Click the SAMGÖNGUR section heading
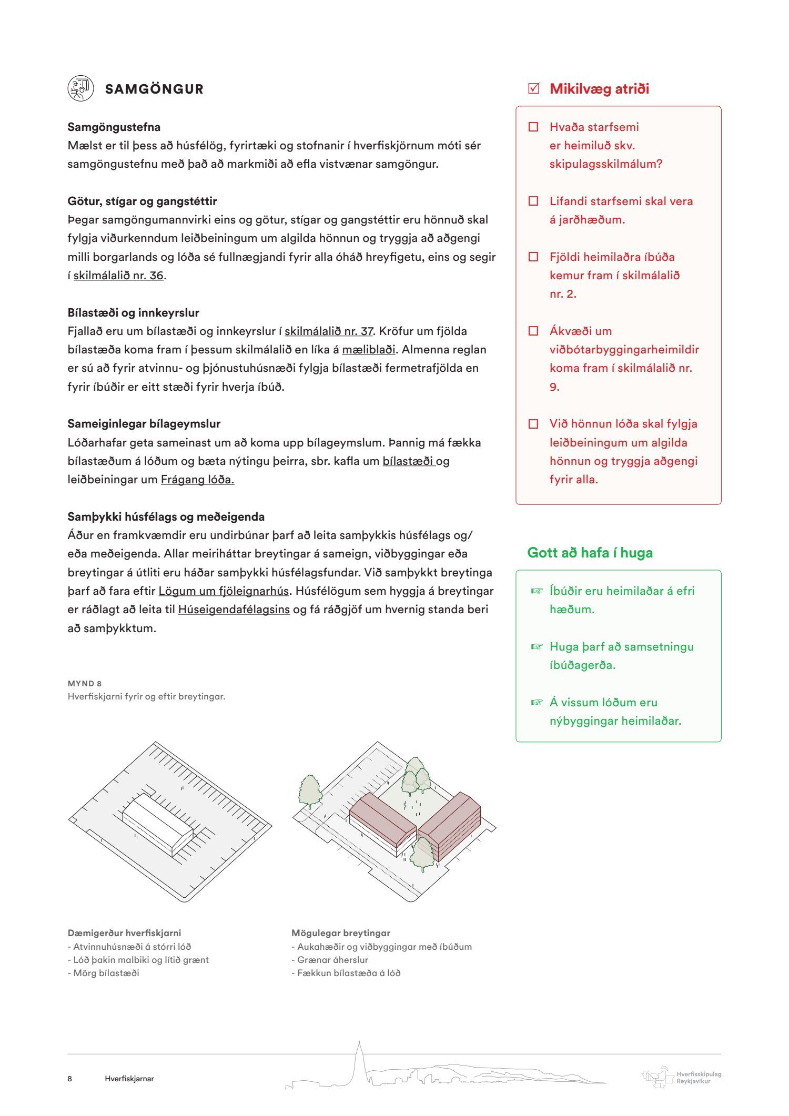[x=154, y=89]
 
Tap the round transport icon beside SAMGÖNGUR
[x=80, y=88]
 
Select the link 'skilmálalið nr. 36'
[x=118, y=276]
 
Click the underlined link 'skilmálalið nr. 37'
[x=329, y=331]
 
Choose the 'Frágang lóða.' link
[x=197, y=480]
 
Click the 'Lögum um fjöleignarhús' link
[x=224, y=591]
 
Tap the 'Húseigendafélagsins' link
[x=234, y=610]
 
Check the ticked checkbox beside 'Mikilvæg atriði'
[x=533, y=88]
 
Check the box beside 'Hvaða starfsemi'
[x=533, y=127]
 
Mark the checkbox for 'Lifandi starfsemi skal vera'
[x=533, y=201]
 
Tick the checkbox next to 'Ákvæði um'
[x=533, y=331]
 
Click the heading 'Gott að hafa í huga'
[x=590, y=553]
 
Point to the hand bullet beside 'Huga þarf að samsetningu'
[x=536, y=646]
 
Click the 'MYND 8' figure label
[x=85, y=684]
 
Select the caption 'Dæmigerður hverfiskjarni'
[x=124, y=933]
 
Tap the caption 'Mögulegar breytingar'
[x=341, y=933]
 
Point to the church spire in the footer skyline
[x=359, y=1057]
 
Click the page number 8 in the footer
[x=70, y=1079]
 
